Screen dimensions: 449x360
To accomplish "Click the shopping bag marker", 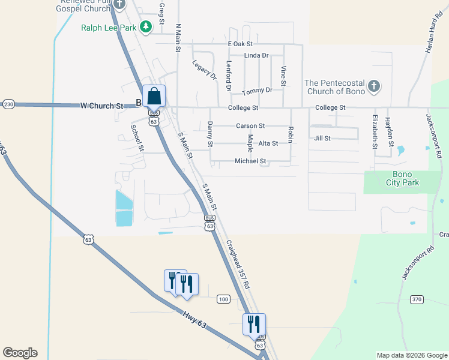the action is coord(154,97).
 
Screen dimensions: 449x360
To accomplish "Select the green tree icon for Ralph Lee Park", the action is coord(145,26).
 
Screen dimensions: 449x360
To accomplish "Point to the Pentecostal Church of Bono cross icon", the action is coord(373,86).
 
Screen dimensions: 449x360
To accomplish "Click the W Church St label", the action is coord(101,106).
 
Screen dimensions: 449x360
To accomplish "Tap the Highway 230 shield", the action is coord(8,104).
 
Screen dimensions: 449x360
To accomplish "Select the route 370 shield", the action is coord(418,299).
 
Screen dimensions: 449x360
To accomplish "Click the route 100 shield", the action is coord(223,299).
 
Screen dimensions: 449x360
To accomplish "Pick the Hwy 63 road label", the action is coord(193,317).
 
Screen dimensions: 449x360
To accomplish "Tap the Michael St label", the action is coord(250,161).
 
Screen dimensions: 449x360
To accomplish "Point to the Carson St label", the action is coord(250,126).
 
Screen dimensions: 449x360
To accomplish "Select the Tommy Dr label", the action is coord(257,91).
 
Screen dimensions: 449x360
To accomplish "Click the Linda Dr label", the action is coord(256,55).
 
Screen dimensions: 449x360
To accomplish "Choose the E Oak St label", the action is coord(240,44).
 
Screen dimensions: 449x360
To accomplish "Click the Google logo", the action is coord(20,353).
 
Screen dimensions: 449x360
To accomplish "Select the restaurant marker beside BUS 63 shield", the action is coord(253,325).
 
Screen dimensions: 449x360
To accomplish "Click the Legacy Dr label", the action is coord(204,70).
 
